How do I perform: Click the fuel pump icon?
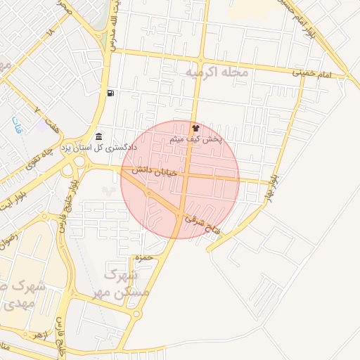(111, 93)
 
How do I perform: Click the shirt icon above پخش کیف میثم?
(195, 129)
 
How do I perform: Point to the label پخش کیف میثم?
(196, 140)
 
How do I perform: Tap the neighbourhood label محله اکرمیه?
(214, 72)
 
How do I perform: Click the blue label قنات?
(15, 125)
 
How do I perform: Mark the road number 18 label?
(49, 32)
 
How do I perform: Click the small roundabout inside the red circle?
(148, 193)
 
